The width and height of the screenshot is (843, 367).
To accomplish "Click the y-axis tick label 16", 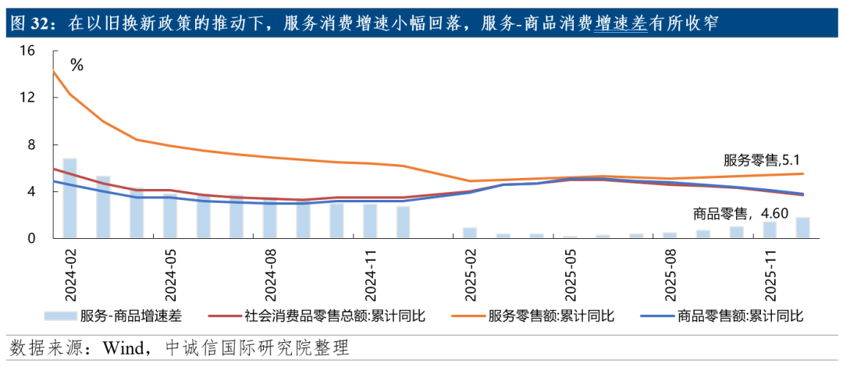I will point(28,52).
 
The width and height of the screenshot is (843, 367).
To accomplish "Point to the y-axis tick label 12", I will point(28,98).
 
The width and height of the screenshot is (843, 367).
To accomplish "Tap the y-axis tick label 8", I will point(31,145).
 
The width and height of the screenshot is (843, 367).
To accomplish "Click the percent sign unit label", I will point(76,66).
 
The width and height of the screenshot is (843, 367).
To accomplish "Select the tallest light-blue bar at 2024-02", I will point(69,198).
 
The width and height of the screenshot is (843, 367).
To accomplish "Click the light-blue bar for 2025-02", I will point(469,233).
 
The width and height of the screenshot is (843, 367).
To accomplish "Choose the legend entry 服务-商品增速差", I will point(113,315).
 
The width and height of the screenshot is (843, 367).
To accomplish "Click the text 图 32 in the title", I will point(29,23).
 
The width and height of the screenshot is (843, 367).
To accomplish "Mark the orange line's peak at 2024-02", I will point(54,72).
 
